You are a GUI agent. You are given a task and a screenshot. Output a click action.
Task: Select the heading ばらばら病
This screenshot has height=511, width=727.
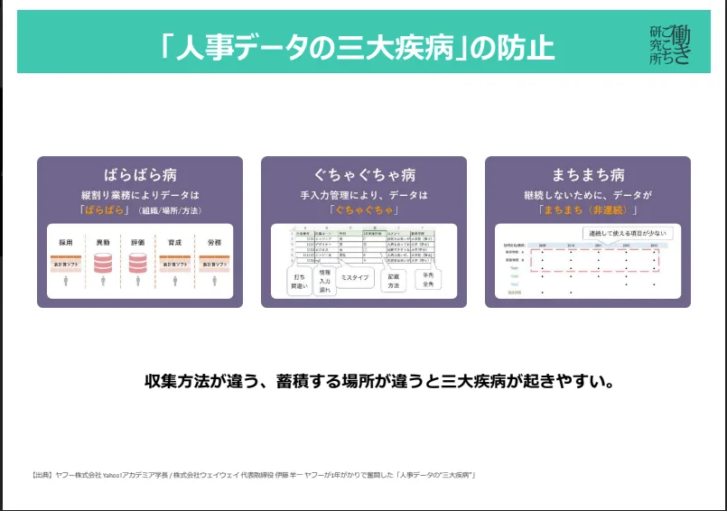point(139,175)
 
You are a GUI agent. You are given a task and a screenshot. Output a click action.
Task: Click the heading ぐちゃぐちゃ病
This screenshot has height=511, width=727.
point(364,175)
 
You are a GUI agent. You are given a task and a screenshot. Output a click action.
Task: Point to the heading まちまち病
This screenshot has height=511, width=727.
point(587,175)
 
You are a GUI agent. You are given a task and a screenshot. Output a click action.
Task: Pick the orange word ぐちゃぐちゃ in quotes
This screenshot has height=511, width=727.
point(364,209)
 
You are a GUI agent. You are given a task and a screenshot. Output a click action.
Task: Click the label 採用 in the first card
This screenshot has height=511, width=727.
point(65,243)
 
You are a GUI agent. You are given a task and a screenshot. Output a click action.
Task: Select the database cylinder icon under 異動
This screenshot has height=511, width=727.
point(102,263)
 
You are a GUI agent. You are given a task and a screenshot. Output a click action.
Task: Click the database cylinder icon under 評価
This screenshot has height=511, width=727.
point(137,263)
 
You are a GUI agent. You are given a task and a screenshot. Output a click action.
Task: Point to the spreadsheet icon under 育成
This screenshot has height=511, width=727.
point(175,263)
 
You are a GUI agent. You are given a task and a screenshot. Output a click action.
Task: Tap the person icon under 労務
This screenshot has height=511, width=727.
point(213,282)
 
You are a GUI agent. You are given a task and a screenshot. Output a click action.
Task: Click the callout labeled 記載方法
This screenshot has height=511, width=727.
point(393,281)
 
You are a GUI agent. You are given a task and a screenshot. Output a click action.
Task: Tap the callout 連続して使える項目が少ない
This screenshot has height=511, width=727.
point(625,233)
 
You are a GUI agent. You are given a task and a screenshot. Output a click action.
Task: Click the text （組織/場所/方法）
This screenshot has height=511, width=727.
point(170,210)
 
